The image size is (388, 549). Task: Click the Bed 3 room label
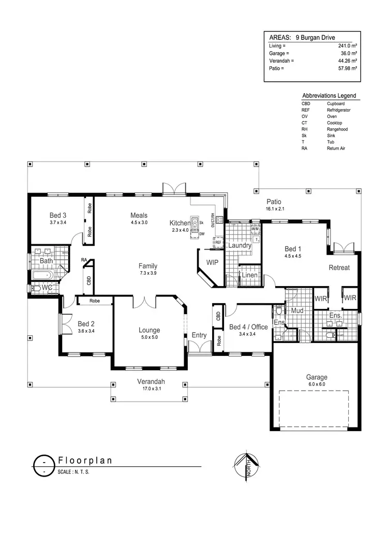58,215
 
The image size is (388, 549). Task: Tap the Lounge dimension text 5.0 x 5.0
149,337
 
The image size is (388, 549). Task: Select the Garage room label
316,377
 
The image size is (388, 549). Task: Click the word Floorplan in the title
85,460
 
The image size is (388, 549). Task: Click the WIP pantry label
212,263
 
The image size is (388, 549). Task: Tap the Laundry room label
240,245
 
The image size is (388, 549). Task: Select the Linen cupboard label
249,275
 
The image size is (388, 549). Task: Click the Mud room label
296,311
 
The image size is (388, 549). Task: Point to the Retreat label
339,268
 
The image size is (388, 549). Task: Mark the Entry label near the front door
199,335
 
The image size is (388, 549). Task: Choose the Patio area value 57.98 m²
346,68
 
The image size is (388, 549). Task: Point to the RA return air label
83,260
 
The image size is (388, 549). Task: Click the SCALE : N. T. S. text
73,472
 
